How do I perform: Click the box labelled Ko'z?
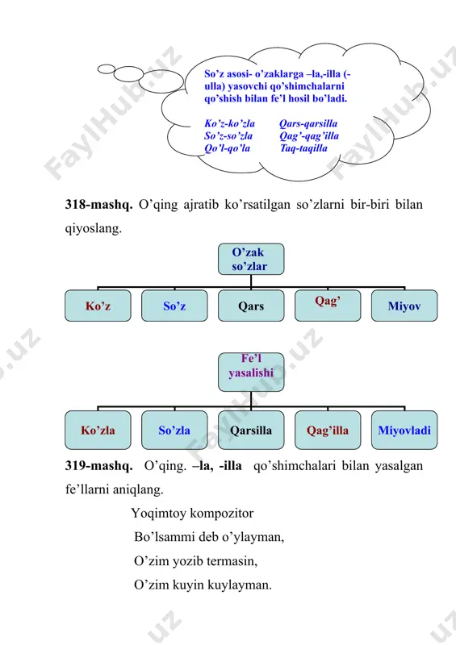pyautogui.click(x=98, y=306)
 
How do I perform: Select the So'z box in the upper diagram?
pyautogui.click(x=174, y=306)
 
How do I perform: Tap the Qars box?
pyautogui.click(x=251, y=306)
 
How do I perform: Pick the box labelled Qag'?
pyautogui.click(x=328, y=306)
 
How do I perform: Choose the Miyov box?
pyautogui.click(x=404, y=306)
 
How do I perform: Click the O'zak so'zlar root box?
pyautogui.click(x=251, y=259)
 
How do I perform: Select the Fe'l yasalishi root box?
pyautogui.click(x=251, y=372)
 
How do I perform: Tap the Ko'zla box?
pyautogui.click(x=98, y=430)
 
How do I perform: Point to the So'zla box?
pyautogui.click(x=174, y=430)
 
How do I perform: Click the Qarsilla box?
pyautogui.click(x=251, y=430)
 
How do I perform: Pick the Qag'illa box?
pyautogui.click(x=328, y=430)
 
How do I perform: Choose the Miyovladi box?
pyautogui.click(x=404, y=430)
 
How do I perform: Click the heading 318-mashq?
pyautogui.click(x=98, y=205)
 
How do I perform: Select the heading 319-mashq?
pyautogui.click(x=98, y=466)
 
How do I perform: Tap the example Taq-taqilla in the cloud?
pyautogui.click(x=303, y=148)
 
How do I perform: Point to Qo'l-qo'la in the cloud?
pyautogui.click(x=228, y=148)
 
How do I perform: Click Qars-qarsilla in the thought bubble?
pyautogui.click(x=308, y=123)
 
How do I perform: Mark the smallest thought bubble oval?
pyautogui.click(x=107, y=69)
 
